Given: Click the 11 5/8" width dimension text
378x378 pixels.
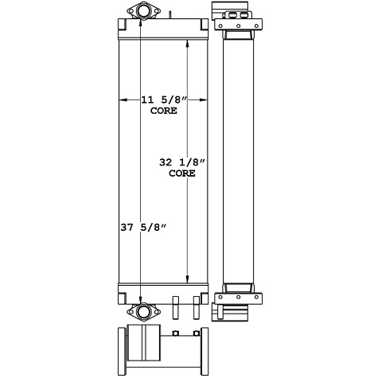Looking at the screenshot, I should click(163, 100).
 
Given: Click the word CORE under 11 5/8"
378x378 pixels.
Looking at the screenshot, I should click(163, 111).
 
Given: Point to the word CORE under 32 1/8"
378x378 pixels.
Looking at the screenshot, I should click(182, 173).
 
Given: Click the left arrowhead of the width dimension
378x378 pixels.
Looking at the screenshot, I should click(122, 100).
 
